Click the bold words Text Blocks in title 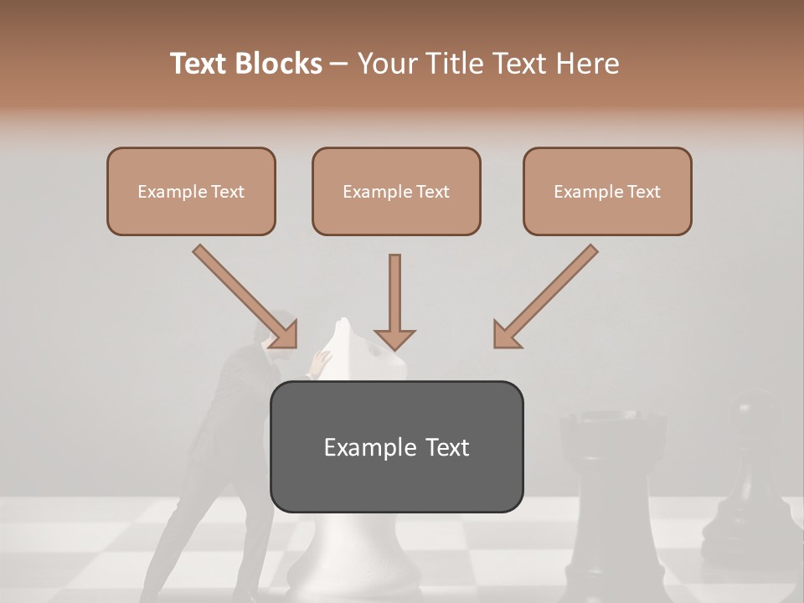click(x=245, y=64)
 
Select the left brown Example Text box click(x=191, y=192)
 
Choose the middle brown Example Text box click(x=396, y=192)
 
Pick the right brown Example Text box click(x=607, y=192)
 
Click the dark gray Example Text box click(x=396, y=446)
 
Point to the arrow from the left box click(x=245, y=296)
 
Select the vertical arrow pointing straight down click(x=394, y=301)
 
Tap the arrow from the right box click(x=546, y=296)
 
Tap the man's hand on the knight click(x=319, y=362)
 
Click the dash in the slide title click(x=339, y=64)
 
